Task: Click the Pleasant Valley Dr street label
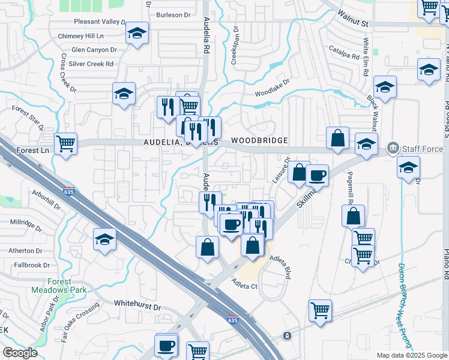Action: (100, 22)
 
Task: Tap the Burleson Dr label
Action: (173, 14)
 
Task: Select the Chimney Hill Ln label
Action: (85, 36)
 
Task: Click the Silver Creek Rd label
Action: (91, 64)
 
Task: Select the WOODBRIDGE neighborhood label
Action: (258, 140)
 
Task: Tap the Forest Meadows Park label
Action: (59, 286)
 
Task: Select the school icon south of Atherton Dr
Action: (105, 239)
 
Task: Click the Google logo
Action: (20, 353)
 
